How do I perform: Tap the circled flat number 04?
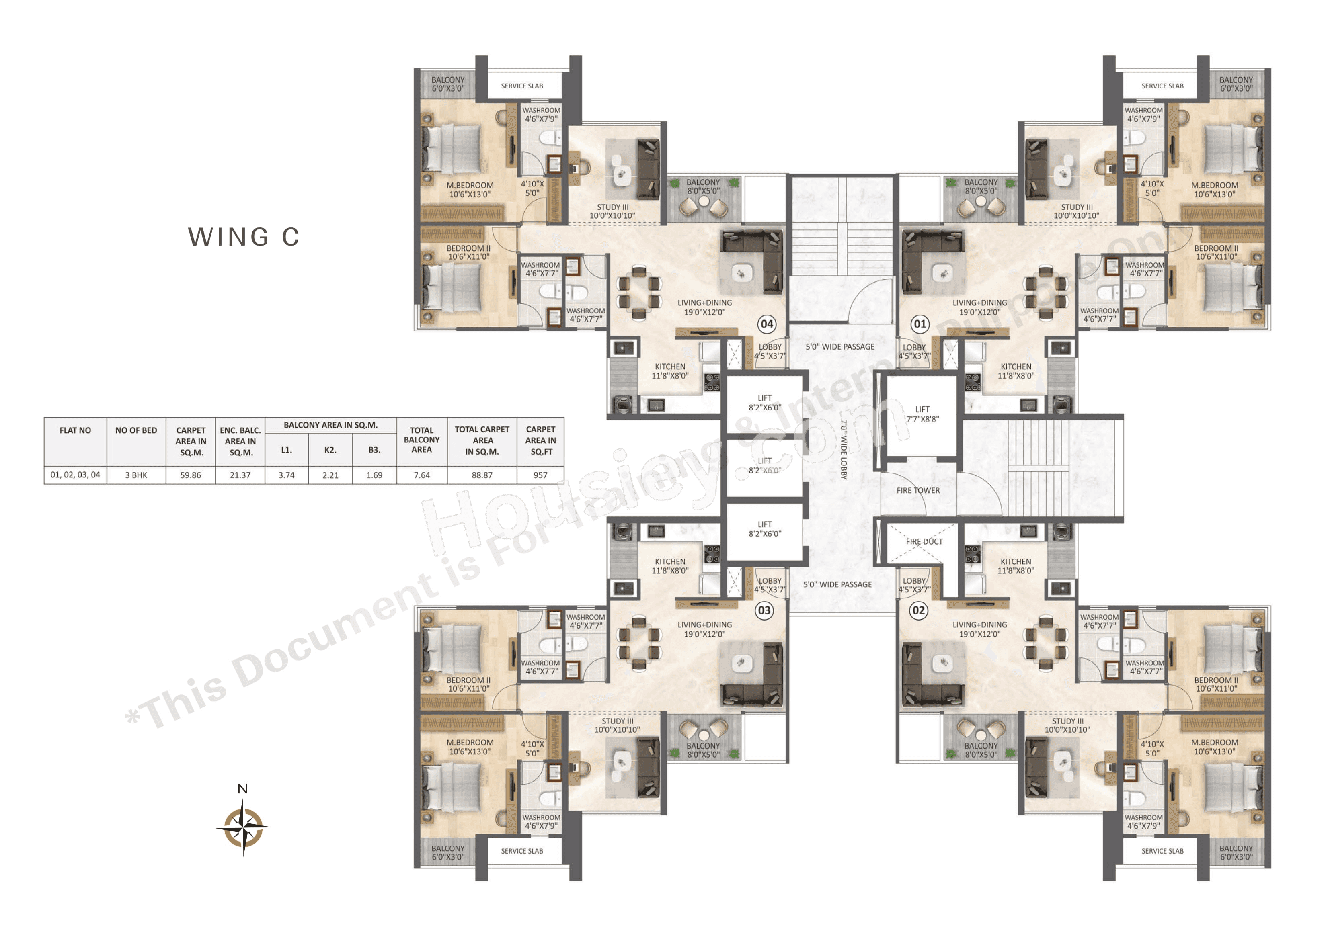[x=766, y=324]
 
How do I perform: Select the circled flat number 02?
[x=919, y=610]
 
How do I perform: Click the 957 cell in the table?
[x=540, y=475]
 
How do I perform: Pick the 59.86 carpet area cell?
[x=190, y=475]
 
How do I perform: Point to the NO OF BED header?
[x=136, y=430]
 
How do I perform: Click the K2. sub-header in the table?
[x=330, y=450]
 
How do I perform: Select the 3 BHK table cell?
[x=136, y=475]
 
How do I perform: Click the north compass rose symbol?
[x=243, y=827]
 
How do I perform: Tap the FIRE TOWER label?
[x=918, y=491]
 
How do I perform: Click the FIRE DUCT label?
[x=924, y=541]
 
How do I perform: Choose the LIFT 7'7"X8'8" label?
[x=922, y=414]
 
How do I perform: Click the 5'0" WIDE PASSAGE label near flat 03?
[x=837, y=584]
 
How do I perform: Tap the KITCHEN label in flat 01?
[x=1016, y=371]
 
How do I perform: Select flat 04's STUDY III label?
[x=612, y=211]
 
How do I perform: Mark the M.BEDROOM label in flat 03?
[x=470, y=747]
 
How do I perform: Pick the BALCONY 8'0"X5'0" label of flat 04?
[x=703, y=186]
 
